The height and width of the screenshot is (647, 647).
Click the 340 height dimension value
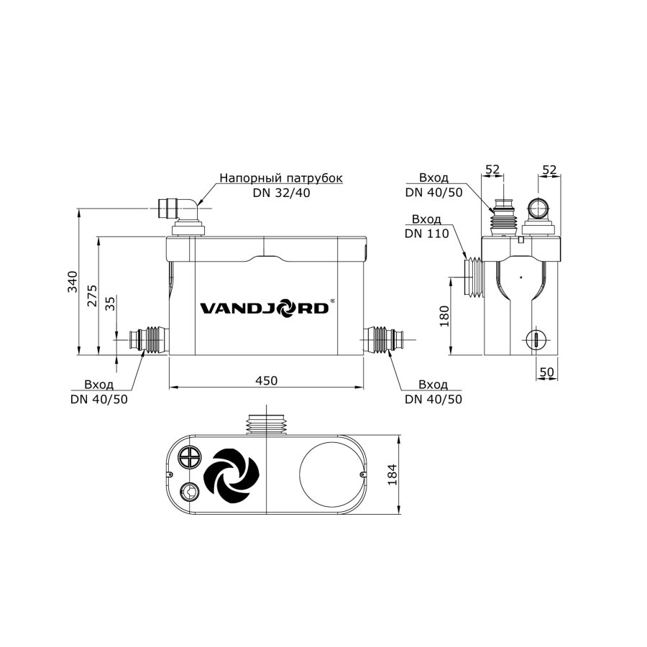pyautogui.click(x=71, y=282)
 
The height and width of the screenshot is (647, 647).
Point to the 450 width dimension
pyautogui.click(x=266, y=380)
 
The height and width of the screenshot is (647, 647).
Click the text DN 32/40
pyautogui.click(x=281, y=193)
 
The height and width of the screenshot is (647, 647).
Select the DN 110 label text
pyautogui.click(x=426, y=233)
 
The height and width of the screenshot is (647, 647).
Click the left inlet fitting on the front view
pyautogui.click(x=148, y=338)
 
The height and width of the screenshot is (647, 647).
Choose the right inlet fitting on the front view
pyautogui.click(x=385, y=338)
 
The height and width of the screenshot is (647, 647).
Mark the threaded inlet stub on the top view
pyautogui.click(x=267, y=423)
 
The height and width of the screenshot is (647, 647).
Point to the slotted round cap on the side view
pyautogui.click(x=535, y=339)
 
